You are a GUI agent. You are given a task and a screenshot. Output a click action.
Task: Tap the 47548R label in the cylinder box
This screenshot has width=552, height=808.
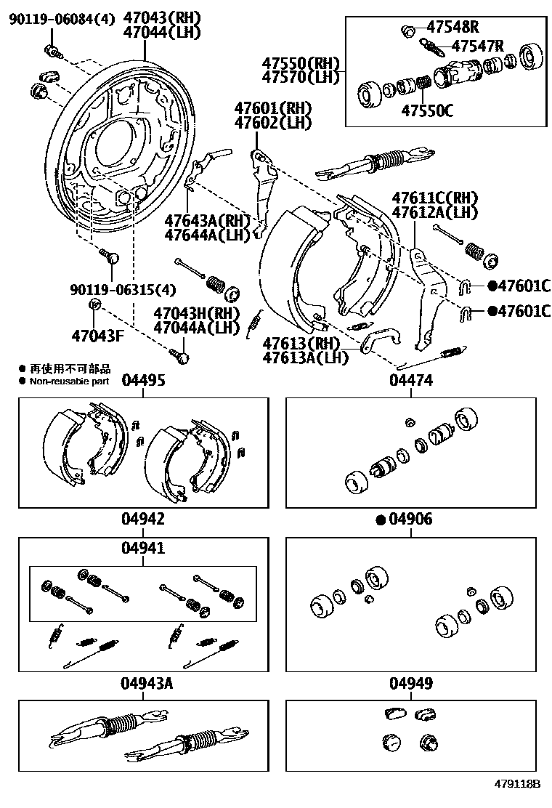coord(452,28)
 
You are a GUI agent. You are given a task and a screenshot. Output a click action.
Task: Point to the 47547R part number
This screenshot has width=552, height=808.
coord(477,47)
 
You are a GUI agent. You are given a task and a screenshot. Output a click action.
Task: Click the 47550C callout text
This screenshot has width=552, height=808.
coord(427,110)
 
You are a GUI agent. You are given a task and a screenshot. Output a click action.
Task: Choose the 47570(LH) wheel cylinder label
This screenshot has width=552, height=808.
coord(301,77)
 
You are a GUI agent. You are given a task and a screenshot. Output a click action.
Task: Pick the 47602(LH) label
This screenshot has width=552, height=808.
coord(272,123)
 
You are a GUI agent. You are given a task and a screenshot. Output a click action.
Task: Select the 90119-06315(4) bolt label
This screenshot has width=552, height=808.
coord(123,290)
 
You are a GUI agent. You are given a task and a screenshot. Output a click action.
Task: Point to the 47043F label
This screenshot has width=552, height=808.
coord(98,336)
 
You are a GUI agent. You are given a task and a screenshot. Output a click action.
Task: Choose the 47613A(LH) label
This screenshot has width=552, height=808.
coord(301,357)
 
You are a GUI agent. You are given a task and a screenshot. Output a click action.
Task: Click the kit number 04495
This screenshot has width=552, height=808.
coord(143,380)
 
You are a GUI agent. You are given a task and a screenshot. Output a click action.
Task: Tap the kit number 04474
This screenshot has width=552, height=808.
coord(411,380)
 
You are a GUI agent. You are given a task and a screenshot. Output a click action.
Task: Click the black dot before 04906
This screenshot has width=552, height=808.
coord(380,520)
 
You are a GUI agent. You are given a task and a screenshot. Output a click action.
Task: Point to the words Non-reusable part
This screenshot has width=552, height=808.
coord(70,381)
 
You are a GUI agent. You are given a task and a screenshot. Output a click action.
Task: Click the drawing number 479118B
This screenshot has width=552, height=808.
coord(518,785)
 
